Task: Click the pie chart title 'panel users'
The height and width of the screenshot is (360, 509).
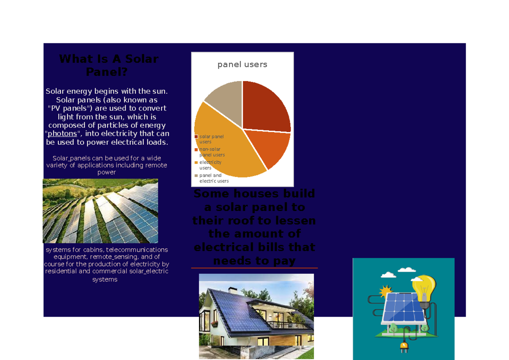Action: [242, 65]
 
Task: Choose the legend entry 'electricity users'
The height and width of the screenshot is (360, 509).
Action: [210, 165]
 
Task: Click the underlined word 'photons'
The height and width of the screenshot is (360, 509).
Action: [62, 134]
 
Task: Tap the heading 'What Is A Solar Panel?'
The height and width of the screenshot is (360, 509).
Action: [108, 65]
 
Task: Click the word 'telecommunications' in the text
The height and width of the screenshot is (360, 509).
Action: [137, 250]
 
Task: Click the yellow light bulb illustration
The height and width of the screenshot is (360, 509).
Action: [425, 289]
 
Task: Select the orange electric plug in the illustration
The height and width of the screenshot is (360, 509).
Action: [403, 348]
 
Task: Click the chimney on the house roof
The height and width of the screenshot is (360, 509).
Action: [233, 290]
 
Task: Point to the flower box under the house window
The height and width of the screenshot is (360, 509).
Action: [214, 324]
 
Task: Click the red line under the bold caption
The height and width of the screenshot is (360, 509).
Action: [254, 268]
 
